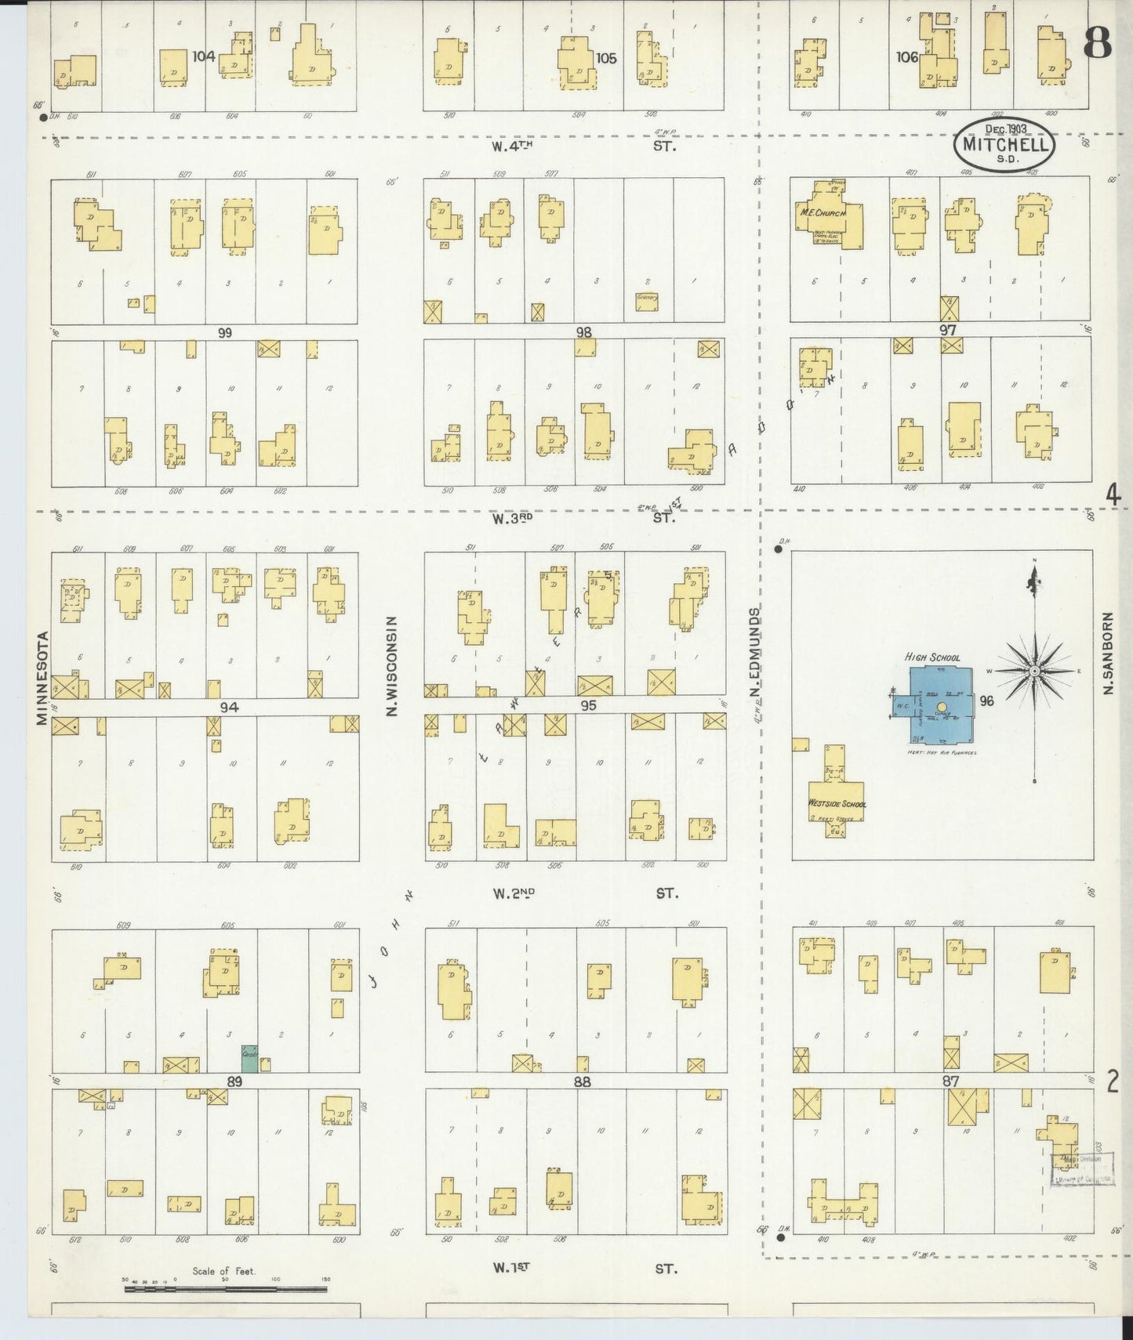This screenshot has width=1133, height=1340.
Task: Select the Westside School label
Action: pyautogui.click(x=837, y=803)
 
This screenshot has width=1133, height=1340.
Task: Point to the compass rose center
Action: pyautogui.click(x=1035, y=672)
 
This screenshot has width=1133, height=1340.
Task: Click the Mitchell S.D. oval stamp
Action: pyautogui.click(x=1004, y=144)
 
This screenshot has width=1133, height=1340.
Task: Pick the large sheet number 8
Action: pyautogui.click(x=1098, y=44)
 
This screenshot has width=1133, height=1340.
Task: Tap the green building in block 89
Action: pyautogui.click(x=249, y=1058)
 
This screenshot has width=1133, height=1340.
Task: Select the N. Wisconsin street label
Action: pyautogui.click(x=393, y=665)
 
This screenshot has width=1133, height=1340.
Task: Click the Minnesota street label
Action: pyautogui.click(x=42, y=678)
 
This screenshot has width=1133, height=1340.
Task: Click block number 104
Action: pyautogui.click(x=204, y=56)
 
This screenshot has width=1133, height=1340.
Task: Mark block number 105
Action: pyautogui.click(x=606, y=58)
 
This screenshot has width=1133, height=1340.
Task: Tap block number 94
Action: pyautogui.click(x=229, y=708)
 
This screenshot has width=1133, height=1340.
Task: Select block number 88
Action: pyautogui.click(x=582, y=1082)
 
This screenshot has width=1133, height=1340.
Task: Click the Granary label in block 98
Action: pyautogui.click(x=647, y=298)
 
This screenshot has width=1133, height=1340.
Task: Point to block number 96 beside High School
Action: pyautogui.click(x=986, y=701)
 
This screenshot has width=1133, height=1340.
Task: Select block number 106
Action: pyautogui.click(x=907, y=56)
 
